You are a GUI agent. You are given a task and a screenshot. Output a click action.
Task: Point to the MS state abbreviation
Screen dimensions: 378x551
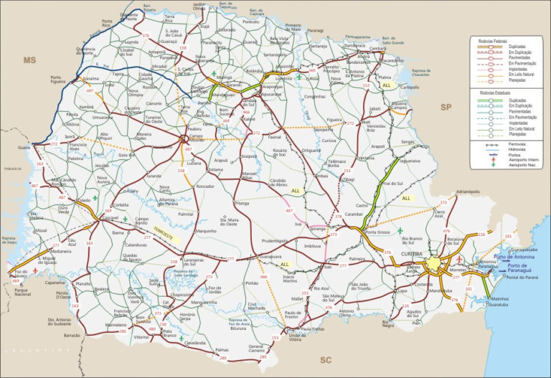pyautogui.click(x=29, y=60)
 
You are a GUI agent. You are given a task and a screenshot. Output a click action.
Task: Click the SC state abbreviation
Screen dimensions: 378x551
pyautogui.click(x=324, y=359)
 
